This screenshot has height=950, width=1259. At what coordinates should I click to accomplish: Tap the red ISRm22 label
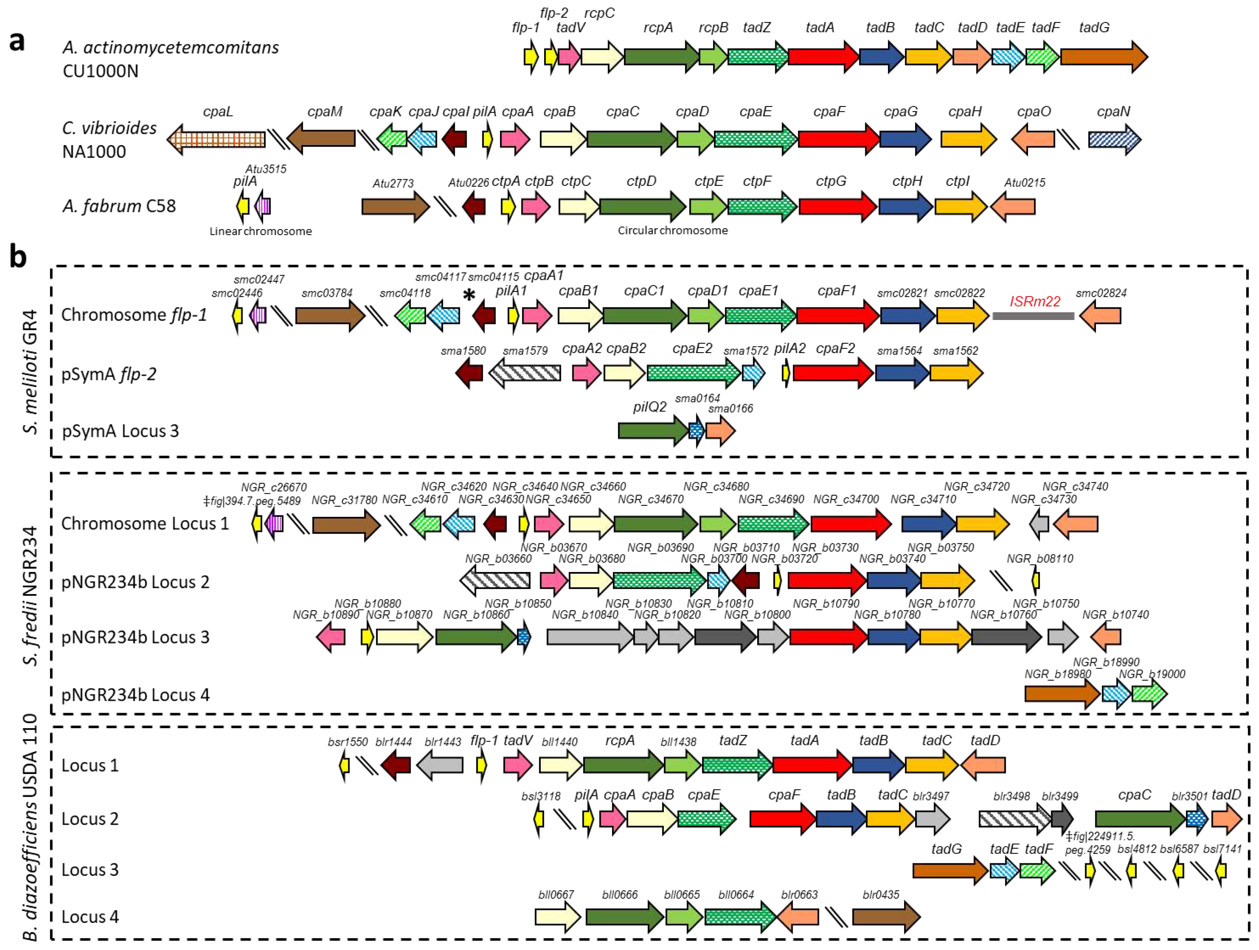coord(1035,301)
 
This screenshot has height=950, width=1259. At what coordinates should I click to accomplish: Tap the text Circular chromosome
coord(672,231)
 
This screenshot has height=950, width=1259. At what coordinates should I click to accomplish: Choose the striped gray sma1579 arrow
coord(524,373)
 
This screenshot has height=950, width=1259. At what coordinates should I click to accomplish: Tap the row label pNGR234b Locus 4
coord(136,695)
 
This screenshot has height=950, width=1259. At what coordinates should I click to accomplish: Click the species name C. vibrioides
coord(109,128)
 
